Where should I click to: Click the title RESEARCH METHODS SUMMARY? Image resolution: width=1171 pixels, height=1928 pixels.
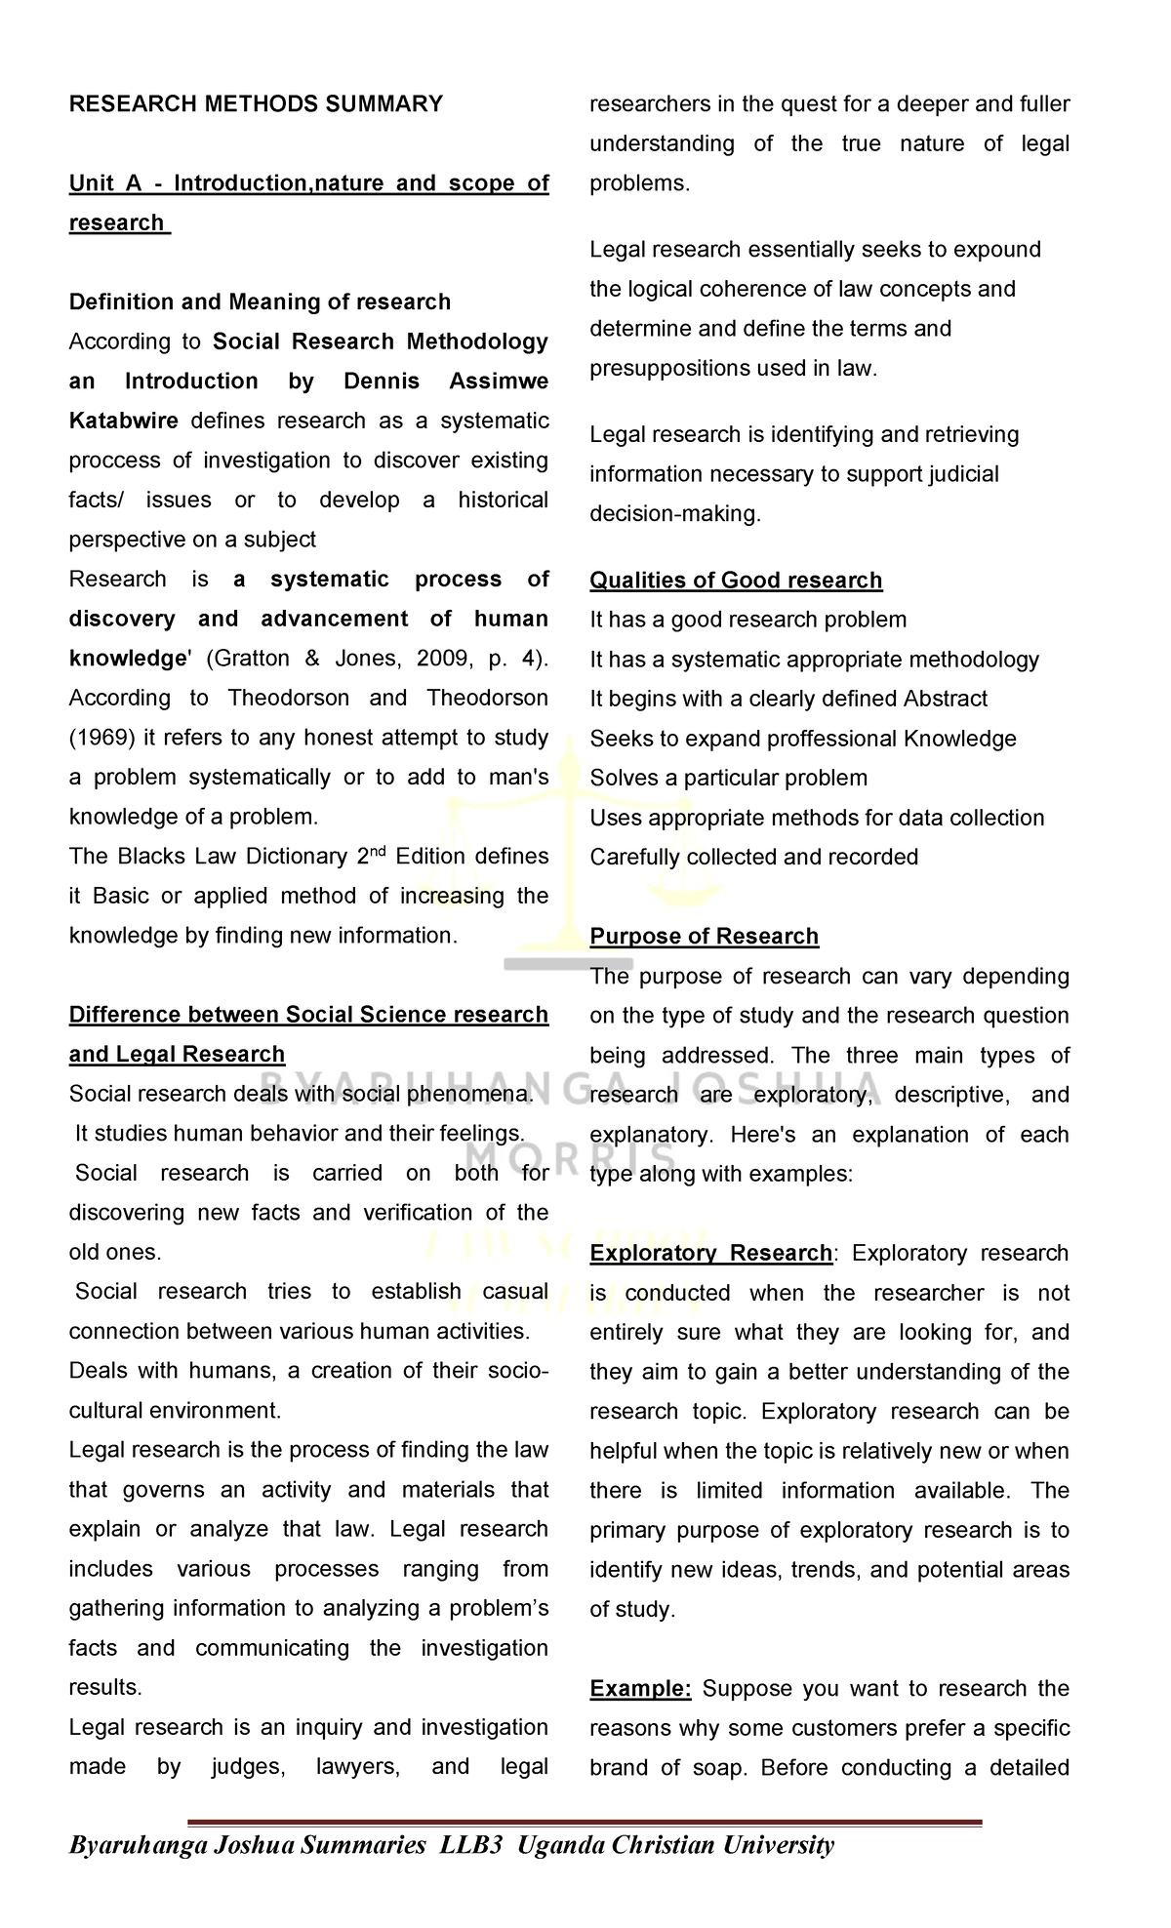(x=256, y=104)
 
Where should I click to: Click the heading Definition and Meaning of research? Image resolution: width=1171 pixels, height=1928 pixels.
(x=260, y=301)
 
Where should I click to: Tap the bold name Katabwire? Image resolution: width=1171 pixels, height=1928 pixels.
(x=123, y=421)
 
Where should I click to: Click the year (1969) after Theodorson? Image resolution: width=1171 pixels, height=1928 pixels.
(x=101, y=738)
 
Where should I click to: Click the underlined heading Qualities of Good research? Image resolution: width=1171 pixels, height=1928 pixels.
(x=736, y=581)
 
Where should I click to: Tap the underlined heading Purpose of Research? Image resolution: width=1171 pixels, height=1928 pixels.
(x=704, y=937)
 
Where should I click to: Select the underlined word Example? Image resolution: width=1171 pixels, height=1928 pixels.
(x=640, y=1689)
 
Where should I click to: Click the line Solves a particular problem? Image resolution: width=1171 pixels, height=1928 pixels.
(x=728, y=779)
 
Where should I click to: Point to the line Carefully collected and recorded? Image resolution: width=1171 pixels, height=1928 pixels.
(x=753, y=858)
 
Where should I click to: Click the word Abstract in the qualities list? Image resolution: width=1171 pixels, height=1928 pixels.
(x=945, y=699)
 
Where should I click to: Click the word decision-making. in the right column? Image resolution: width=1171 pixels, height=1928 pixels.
(x=674, y=514)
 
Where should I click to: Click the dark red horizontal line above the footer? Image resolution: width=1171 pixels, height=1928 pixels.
(x=584, y=1822)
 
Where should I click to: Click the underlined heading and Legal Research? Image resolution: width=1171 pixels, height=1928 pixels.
(x=177, y=1055)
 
